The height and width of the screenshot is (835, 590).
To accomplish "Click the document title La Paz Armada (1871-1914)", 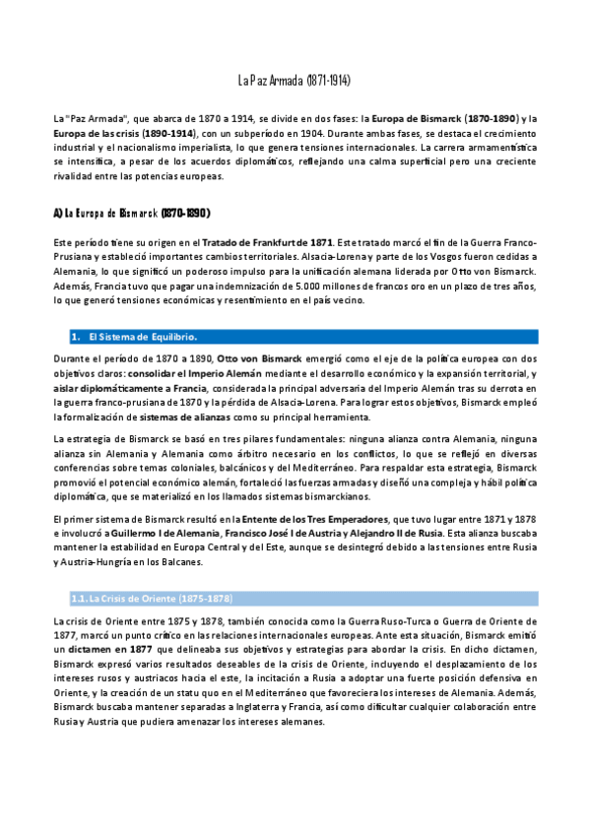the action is [295, 79].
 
